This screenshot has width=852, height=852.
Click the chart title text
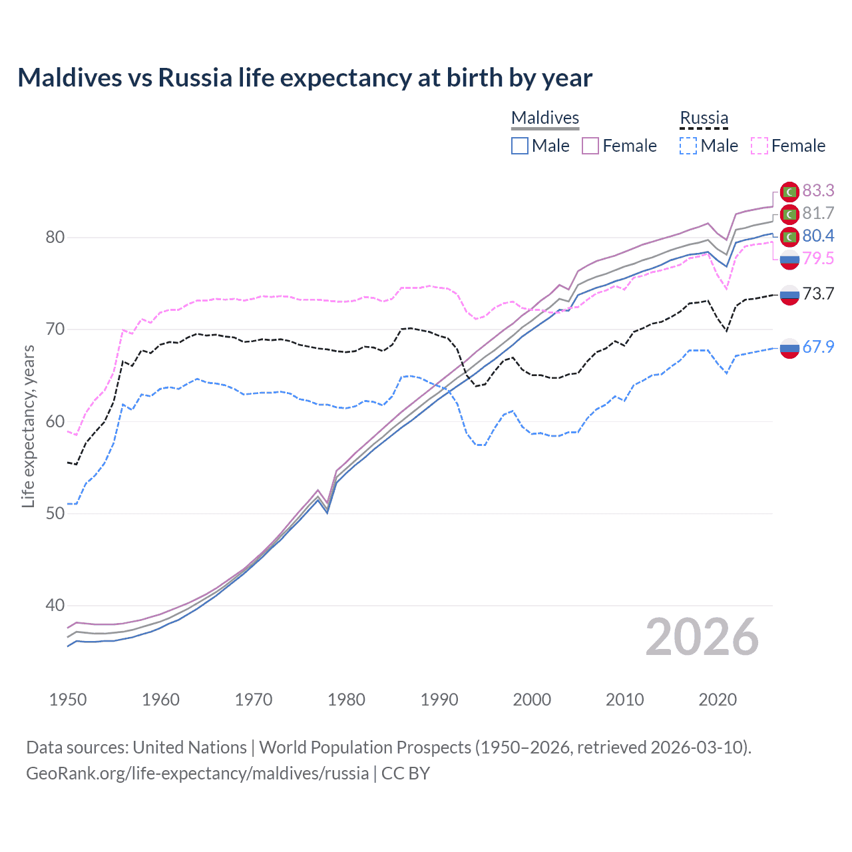[x=305, y=78]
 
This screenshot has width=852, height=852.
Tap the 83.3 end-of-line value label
[x=818, y=191]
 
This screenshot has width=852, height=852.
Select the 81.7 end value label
[x=818, y=214]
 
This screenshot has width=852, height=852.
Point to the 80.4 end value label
[x=818, y=236]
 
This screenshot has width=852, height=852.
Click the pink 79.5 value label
[x=818, y=259]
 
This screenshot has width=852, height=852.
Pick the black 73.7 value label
[x=818, y=294]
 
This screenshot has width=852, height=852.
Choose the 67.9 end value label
[x=818, y=347]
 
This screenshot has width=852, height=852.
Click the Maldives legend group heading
[x=545, y=118]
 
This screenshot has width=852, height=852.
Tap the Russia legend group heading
[x=704, y=118]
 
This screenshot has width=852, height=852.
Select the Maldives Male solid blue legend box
[x=520, y=146]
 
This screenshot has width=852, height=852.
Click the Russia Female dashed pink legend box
[x=759, y=146]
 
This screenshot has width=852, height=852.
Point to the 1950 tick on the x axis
[x=68, y=700]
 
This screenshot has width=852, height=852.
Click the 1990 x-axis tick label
[x=439, y=700]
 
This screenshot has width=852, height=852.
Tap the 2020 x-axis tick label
[x=718, y=700]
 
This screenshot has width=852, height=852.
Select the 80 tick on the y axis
[x=55, y=238]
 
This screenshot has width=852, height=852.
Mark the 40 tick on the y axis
[x=55, y=606]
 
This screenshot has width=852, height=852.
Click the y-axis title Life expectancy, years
[x=28, y=426]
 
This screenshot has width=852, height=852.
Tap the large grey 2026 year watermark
[x=702, y=637]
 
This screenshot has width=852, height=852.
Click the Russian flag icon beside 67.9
[x=789, y=348]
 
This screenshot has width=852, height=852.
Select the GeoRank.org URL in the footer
[x=197, y=773]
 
